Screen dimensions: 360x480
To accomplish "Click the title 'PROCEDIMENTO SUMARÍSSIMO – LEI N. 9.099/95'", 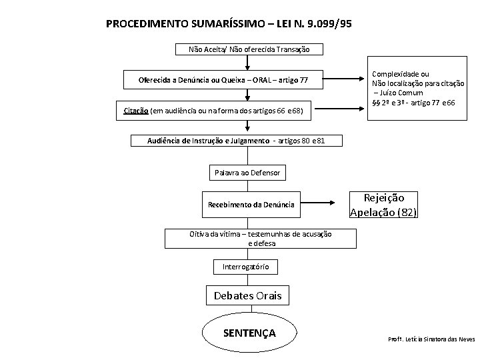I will click(229, 25).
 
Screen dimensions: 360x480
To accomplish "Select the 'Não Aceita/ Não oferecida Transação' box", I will click(247, 49).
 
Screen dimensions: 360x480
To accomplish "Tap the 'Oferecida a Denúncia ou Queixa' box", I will click(223, 81).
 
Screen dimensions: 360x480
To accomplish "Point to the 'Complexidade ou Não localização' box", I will click(418, 88).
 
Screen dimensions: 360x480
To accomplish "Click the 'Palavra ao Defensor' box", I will click(247, 173).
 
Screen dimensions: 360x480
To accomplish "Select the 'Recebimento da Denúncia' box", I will click(250, 203).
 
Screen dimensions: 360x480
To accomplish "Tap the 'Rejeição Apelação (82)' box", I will click(383, 205).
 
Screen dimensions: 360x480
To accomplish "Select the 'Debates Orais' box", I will click(247, 295).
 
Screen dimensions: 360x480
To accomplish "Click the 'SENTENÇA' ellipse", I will click(248, 332).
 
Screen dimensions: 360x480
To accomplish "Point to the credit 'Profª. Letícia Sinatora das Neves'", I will click(431, 339).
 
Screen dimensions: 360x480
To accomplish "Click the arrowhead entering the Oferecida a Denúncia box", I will click(247, 67).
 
